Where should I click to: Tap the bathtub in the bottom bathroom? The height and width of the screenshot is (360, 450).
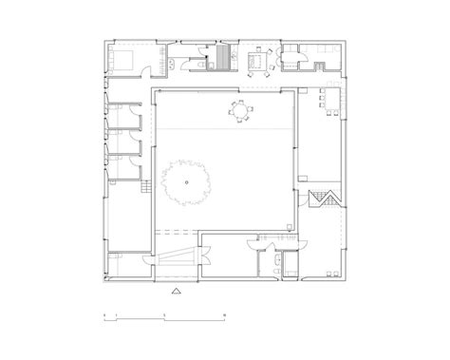(269, 263)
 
